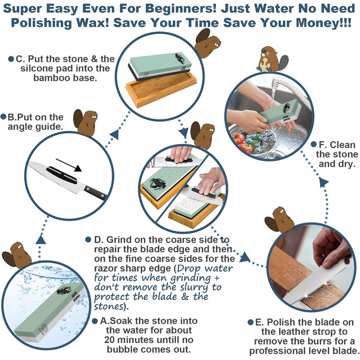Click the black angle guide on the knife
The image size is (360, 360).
click(62, 175)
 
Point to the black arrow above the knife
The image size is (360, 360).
click(68, 165)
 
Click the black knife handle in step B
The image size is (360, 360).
click(96, 193)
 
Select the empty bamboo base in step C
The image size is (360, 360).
click(161, 89)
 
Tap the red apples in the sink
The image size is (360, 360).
click(242, 143)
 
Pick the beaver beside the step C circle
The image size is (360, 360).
click(207, 43)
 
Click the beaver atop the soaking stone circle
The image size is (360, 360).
click(17, 255)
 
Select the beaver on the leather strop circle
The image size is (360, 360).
click(279, 220)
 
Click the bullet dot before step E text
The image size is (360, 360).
click(250, 322)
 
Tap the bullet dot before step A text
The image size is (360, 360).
click(95, 321)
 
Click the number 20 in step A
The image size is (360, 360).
click(110, 340)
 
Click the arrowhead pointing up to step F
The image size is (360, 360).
click(323, 182)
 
